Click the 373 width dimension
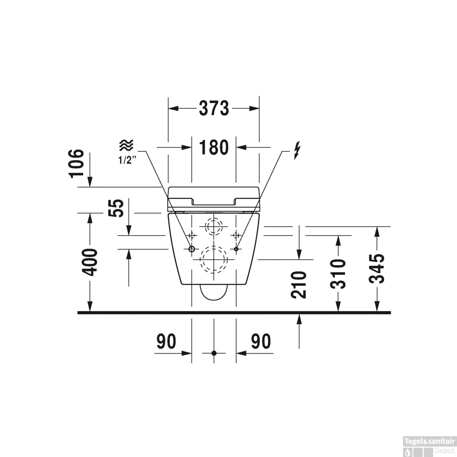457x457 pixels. coord(214,108)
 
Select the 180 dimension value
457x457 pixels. coord(214,147)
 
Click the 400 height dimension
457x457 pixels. coord(89,262)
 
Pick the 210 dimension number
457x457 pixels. coord(299,285)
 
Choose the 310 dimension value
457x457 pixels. coord(338,273)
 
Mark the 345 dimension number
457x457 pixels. coord(377,268)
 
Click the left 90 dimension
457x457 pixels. coord(166,342)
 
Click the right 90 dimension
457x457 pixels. coord(261,342)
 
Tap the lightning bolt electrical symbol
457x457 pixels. coord(296,151)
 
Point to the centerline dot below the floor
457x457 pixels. coord(214,353)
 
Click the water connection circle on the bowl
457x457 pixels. coord(192,249)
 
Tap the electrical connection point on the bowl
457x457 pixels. coord(236,249)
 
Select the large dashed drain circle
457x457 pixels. coord(214,260)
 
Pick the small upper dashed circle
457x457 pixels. coord(214,227)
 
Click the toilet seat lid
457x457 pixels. coord(214,195)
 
